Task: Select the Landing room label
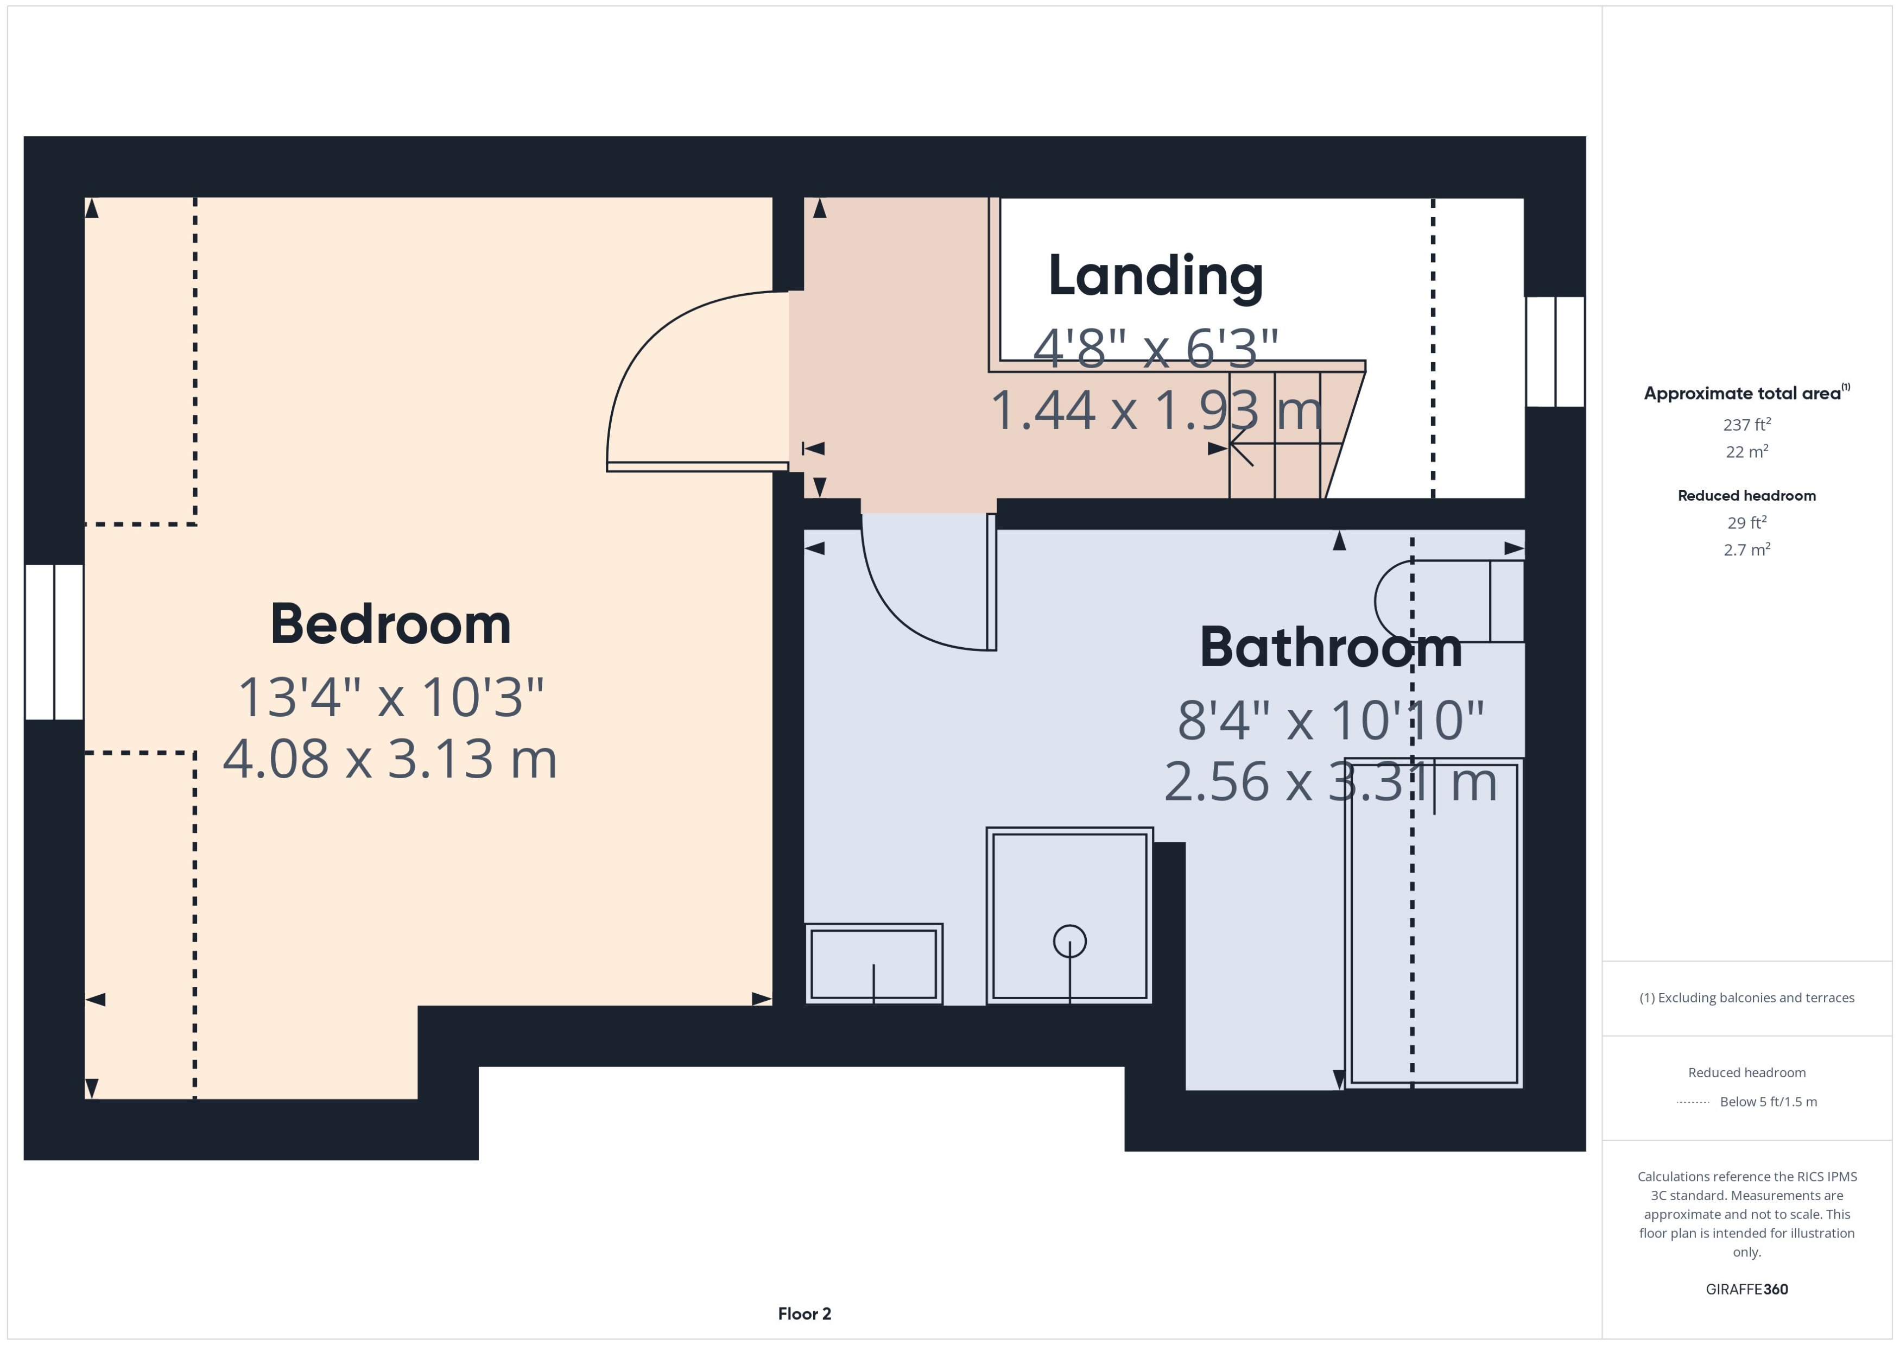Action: tap(1156, 276)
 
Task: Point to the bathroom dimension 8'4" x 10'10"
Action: tap(1331, 719)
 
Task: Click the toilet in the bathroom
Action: tap(1449, 601)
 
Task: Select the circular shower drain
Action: tap(1069, 941)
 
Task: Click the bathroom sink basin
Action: tap(873, 964)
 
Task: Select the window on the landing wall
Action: tap(1555, 351)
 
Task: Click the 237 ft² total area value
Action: tap(1747, 424)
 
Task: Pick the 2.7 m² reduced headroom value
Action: tap(1747, 549)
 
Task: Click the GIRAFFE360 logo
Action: tap(1747, 1290)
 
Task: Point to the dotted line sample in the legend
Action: tap(1692, 1102)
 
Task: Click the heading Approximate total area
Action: tap(1743, 393)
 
